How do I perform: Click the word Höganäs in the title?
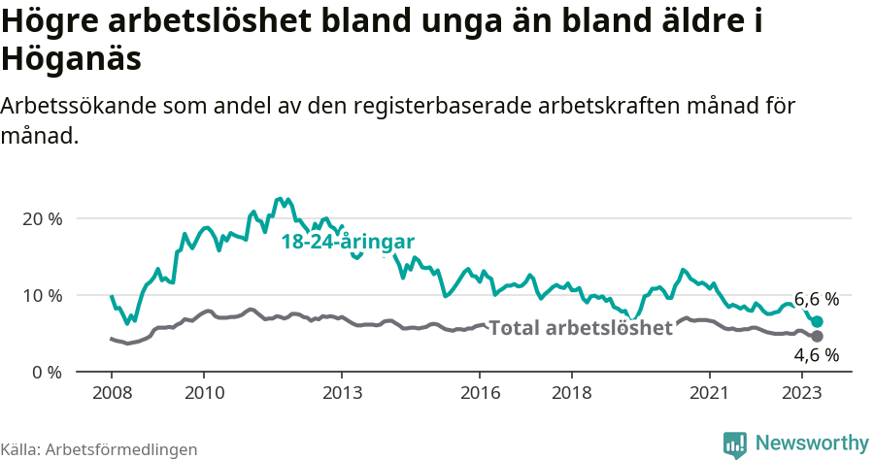click(x=73, y=58)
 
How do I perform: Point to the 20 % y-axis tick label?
click(x=42, y=218)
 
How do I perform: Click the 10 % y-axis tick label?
click(x=42, y=295)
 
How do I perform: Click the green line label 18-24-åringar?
click(x=348, y=242)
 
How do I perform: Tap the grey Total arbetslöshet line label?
click(x=580, y=328)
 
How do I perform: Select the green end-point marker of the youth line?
click(x=817, y=321)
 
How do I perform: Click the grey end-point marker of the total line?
click(x=817, y=336)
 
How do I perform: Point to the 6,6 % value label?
click(x=816, y=299)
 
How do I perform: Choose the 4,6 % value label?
click(x=816, y=355)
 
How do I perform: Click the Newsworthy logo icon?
click(x=735, y=444)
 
